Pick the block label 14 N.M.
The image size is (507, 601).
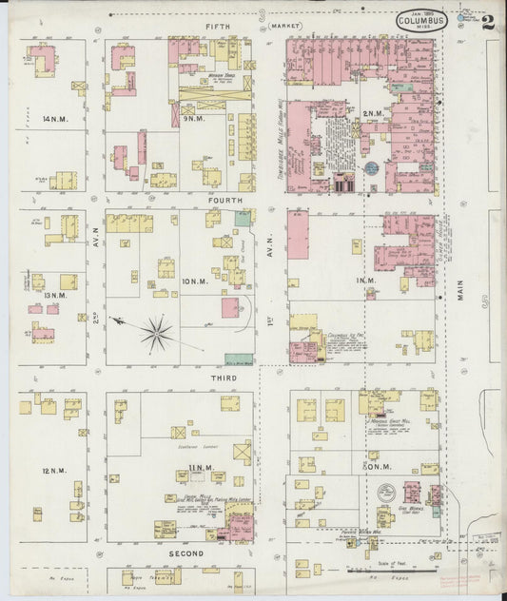point(53,119)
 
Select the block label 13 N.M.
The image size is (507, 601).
point(53,296)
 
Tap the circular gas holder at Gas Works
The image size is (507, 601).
point(386,493)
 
